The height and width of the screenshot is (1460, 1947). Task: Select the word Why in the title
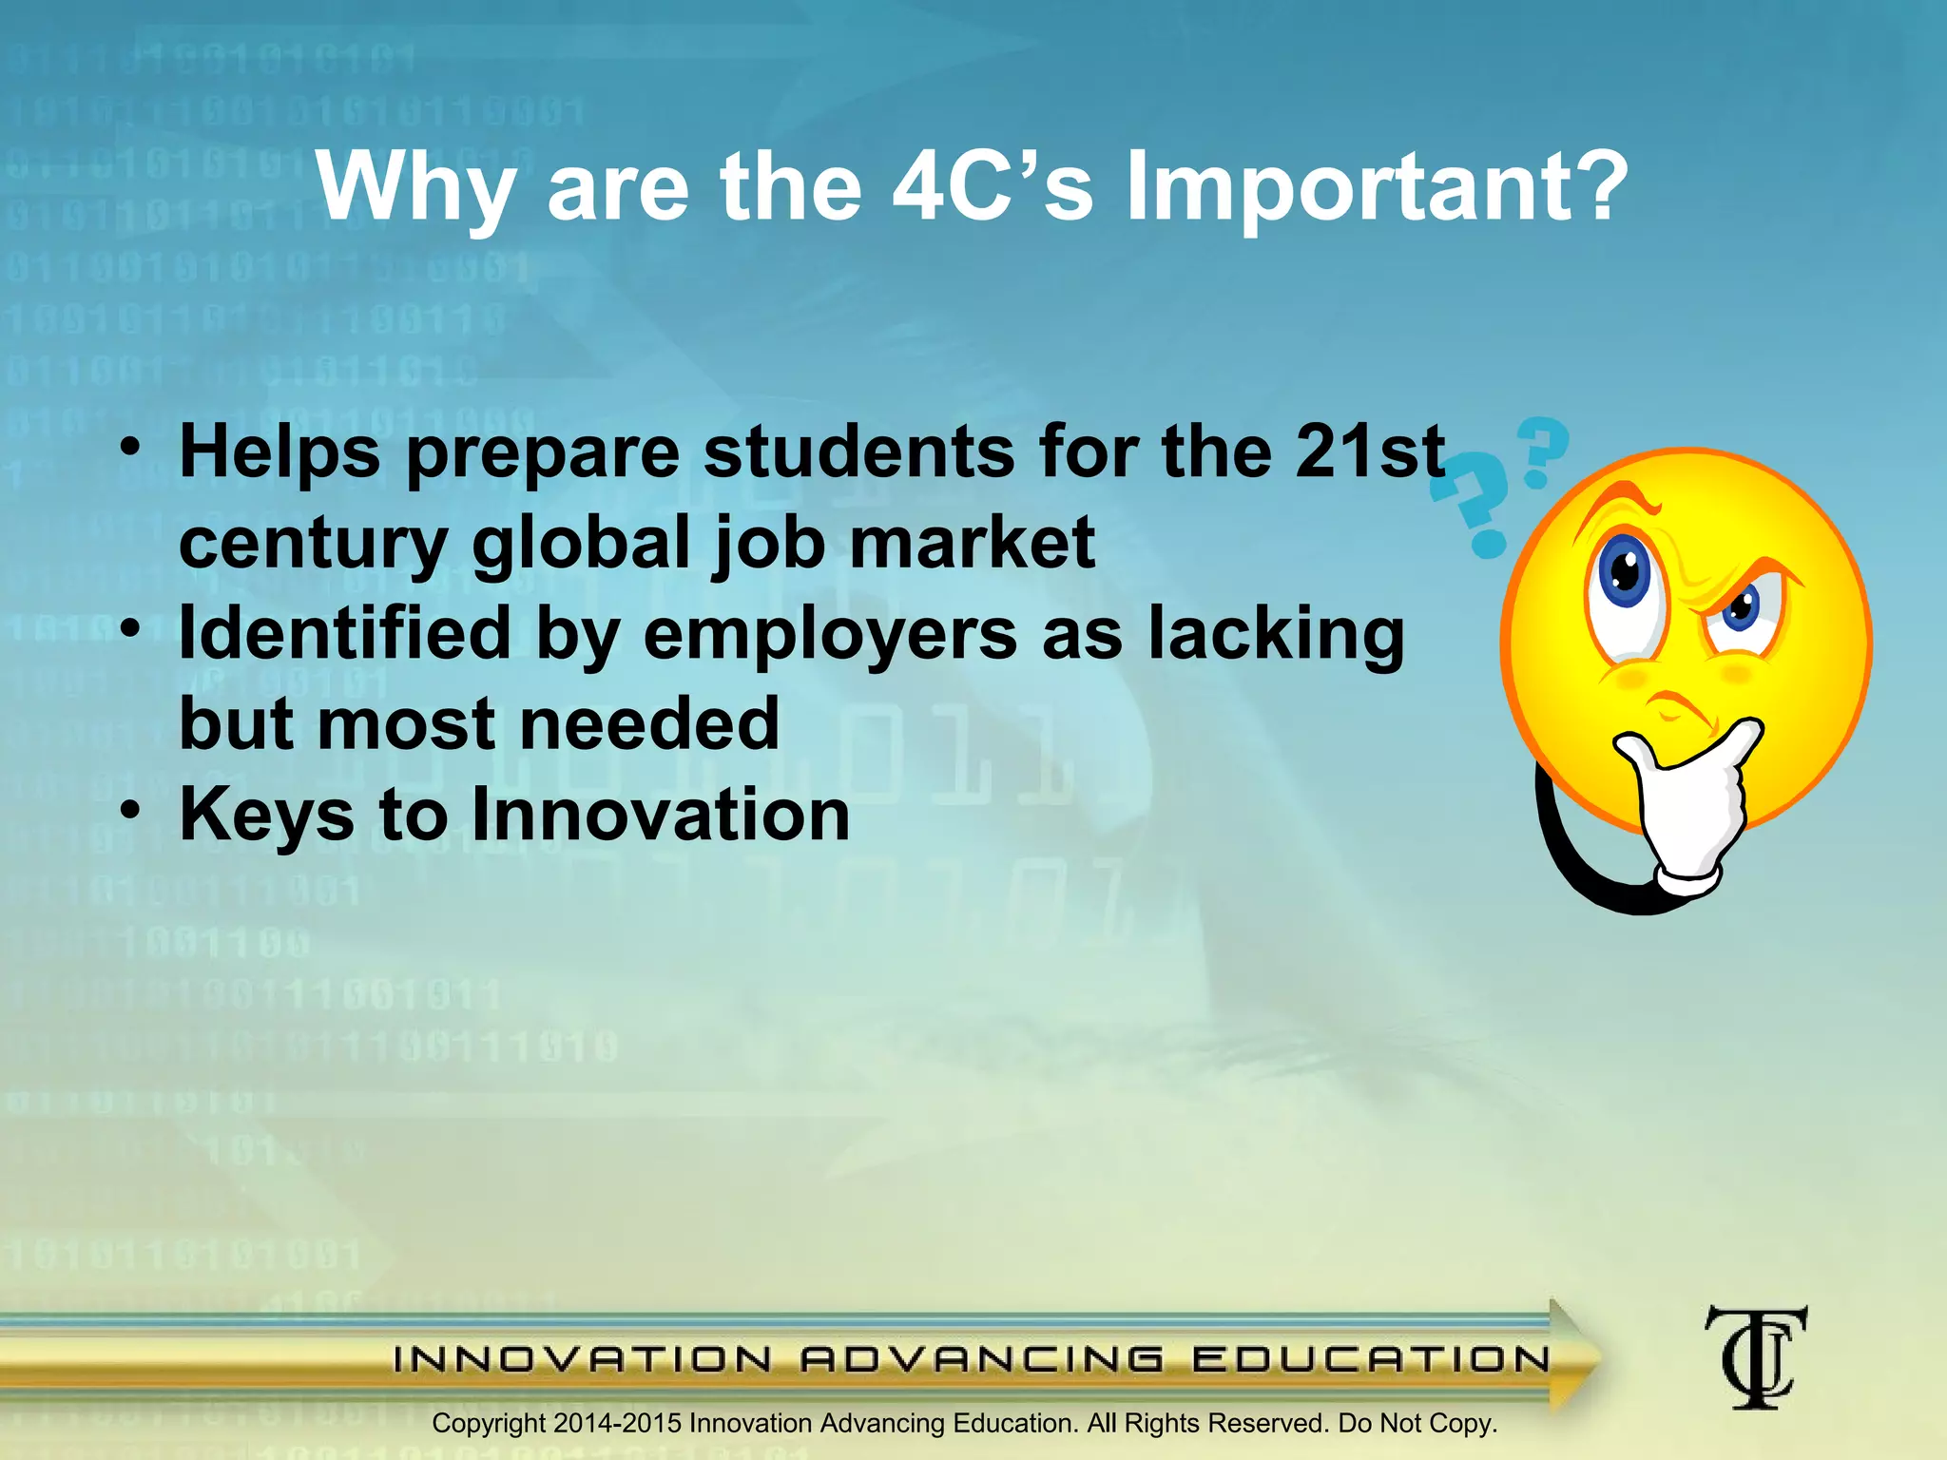(415, 190)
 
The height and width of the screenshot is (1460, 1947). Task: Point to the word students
(859, 451)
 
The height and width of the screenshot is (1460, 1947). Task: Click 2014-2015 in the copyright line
(617, 1423)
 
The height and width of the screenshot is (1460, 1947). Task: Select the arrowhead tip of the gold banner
(1590, 1355)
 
